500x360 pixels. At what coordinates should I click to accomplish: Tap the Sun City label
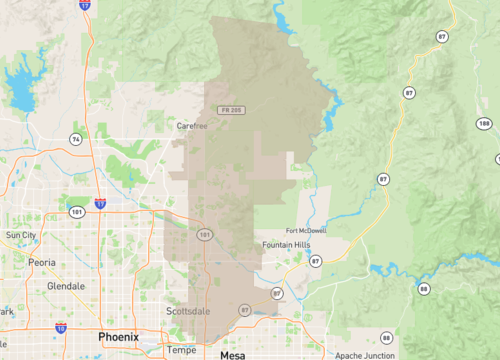click(x=21, y=235)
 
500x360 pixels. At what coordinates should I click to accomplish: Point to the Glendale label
click(x=66, y=286)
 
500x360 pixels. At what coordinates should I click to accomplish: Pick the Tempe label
click(x=181, y=350)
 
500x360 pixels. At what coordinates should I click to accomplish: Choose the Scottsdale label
click(x=188, y=311)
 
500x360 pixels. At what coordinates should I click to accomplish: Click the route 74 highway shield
click(x=75, y=138)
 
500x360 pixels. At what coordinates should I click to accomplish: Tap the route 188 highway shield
click(x=484, y=123)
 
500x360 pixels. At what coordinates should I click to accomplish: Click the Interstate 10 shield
click(x=61, y=327)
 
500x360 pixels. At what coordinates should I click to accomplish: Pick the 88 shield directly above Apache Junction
click(x=386, y=337)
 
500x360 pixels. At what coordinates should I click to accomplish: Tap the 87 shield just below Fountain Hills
click(x=315, y=260)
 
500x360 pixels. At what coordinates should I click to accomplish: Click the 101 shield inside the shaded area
click(x=204, y=235)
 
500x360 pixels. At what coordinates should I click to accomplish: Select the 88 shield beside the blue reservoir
click(x=424, y=288)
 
